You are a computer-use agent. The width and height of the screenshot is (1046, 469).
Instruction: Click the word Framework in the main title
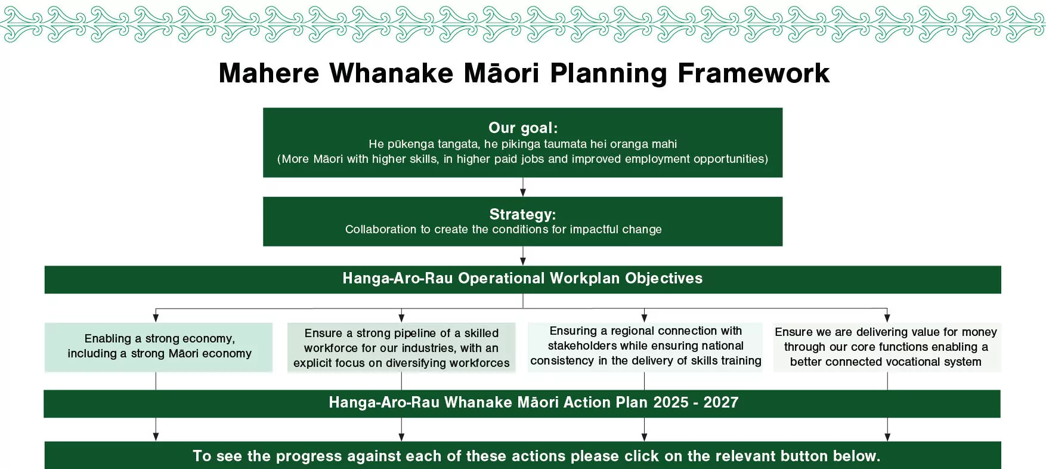[x=753, y=73]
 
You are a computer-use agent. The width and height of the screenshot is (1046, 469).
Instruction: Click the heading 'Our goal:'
[x=523, y=128]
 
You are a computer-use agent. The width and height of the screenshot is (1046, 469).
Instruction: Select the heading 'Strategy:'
[x=522, y=214]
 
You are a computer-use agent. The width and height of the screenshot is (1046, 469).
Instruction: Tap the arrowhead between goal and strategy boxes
[x=523, y=192]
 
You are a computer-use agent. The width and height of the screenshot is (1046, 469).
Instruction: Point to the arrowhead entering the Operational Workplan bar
[x=523, y=261]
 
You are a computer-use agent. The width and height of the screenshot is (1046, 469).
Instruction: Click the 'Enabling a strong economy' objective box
[x=159, y=347]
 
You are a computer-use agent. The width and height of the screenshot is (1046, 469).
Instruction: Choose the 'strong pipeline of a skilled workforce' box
[x=401, y=347]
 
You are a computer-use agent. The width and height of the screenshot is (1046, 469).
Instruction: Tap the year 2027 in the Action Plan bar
[x=721, y=403]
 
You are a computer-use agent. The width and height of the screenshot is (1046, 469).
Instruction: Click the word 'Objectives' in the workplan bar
[x=664, y=279]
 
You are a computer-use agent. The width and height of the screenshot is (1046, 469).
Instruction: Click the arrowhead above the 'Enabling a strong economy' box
[x=156, y=317]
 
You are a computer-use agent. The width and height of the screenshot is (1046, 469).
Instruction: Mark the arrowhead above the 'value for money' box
[x=887, y=317]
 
